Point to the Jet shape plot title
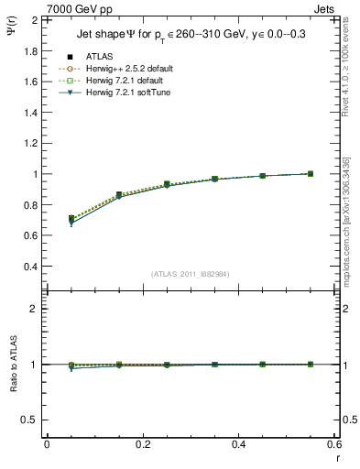click(190, 37)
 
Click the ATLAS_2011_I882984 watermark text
click(190, 273)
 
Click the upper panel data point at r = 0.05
click(71, 219)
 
